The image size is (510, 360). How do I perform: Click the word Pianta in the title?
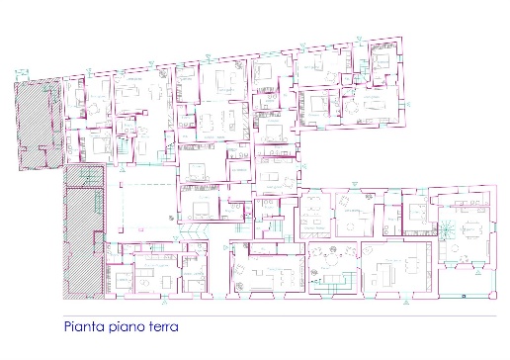click(84, 324)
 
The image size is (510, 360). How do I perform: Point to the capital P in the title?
click(67, 324)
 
